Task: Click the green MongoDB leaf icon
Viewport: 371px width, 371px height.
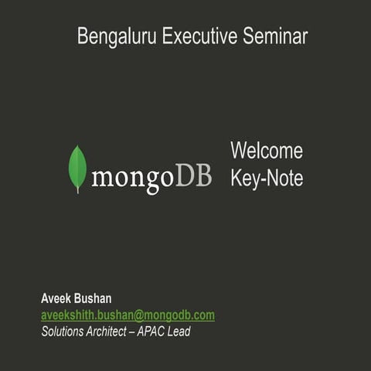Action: tap(77, 167)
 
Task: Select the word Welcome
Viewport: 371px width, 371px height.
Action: tap(267, 151)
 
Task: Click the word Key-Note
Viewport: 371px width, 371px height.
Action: tap(267, 179)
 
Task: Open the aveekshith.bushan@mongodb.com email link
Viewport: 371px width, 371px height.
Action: tap(128, 315)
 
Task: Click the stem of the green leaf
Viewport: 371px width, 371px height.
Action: tap(77, 189)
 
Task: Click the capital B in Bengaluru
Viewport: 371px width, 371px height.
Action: tap(82, 37)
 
